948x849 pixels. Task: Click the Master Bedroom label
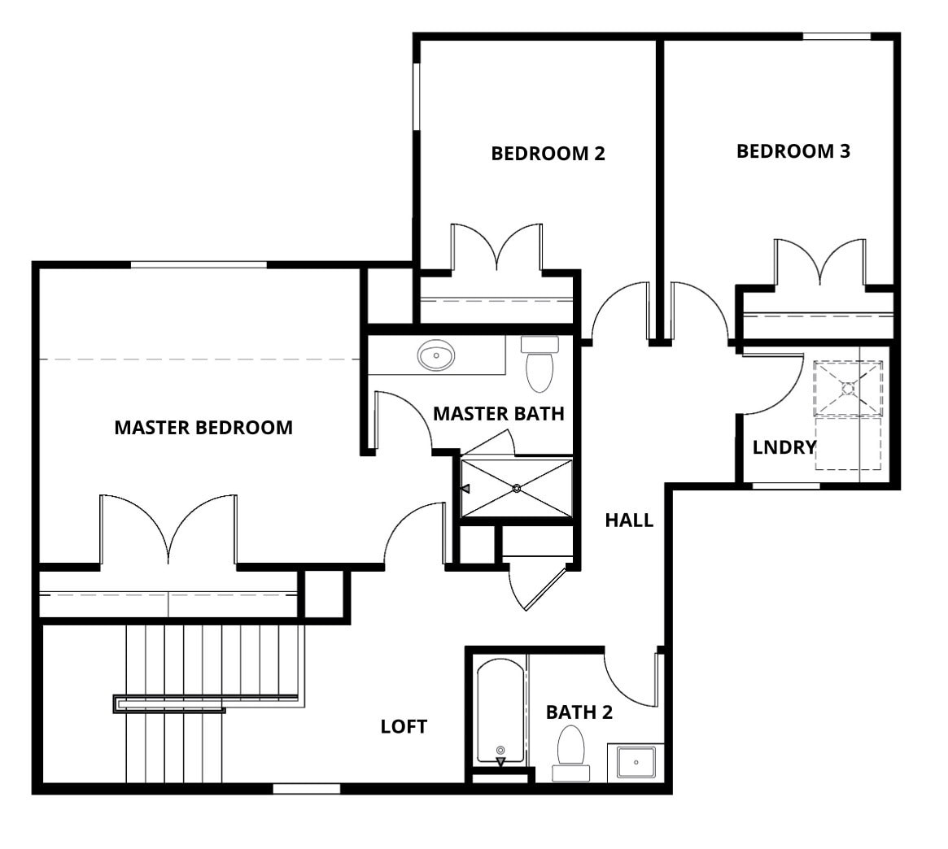pos(203,428)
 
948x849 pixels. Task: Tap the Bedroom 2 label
pos(548,154)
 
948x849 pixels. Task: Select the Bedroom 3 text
pos(793,151)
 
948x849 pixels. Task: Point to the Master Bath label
pos(499,414)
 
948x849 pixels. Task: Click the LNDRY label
pos(784,447)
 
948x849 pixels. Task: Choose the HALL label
pos(629,520)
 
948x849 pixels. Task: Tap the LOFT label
pos(404,726)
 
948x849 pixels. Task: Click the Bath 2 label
pos(579,712)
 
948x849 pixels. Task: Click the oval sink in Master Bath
pos(436,355)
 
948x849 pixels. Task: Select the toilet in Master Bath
pos(540,364)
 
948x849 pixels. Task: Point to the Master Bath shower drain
pos(517,488)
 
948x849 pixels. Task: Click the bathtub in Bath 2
pos(500,711)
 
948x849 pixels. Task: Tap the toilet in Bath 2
pos(570,753)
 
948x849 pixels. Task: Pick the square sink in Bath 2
pos(636,763)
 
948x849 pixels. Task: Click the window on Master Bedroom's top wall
pos(199,264)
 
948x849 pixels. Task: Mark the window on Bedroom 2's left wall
pos(417,96)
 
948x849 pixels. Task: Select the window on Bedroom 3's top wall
pos(837,37)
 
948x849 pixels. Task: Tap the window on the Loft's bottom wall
pos(307,789)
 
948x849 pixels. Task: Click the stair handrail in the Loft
pos(206,703)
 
